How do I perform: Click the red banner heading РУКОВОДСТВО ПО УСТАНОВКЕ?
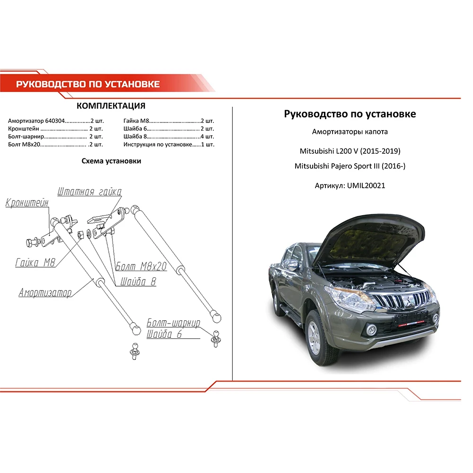point(88,84)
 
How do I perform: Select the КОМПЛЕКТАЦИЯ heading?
point(111,105)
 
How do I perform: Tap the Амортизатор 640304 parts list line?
point(55,121)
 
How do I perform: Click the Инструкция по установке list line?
point(168,144)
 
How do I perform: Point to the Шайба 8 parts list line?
point(168,136)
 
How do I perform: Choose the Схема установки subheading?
point(111,161)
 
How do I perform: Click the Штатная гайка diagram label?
point(89,192)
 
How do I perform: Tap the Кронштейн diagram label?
point(27,204)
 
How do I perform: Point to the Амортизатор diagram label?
point(45,293)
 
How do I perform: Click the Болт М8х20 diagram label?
point(141,267)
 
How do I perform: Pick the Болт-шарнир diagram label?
point(173,324)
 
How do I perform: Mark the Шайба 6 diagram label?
point(164,334)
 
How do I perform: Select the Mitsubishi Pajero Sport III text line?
point(350,166)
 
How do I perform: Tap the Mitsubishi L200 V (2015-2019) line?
point(350,151)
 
